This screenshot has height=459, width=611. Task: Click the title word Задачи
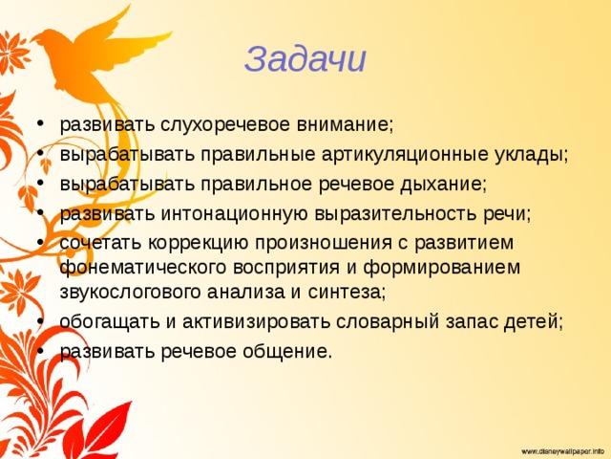(305, 59)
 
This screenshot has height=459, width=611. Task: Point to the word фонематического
(143, 268)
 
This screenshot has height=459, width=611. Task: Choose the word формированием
(441, 268)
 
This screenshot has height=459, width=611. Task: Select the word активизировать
(257, 321)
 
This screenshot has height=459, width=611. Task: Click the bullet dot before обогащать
(40, 320)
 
